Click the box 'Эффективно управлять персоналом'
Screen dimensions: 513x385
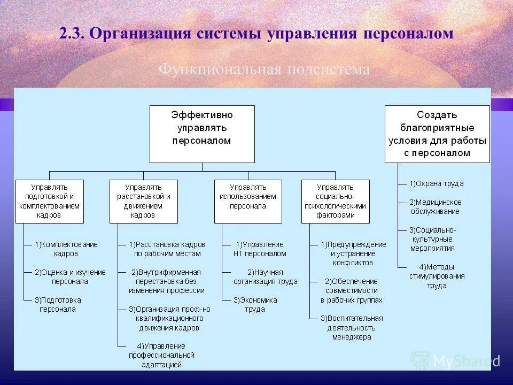click(x=202, y=134)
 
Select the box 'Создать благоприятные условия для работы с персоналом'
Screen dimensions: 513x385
click(x=437, y=134)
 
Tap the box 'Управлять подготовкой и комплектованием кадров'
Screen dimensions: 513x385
click(x=49, y=201)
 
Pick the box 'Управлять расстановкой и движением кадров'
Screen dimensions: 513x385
click(x=143, y=201)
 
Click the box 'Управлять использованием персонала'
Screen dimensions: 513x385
click(x=248, y=201)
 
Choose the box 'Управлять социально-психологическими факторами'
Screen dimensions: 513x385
click(x=335, y=201)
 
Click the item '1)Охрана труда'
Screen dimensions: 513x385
click(x=437, y=183)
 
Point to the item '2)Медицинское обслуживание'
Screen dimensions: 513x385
click(x=435, y=206)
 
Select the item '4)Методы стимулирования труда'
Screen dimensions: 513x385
click(x=437, y=276)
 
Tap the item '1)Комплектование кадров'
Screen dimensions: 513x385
click(x=66, y=249)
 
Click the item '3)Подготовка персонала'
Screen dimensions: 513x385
click(x=58, y=305)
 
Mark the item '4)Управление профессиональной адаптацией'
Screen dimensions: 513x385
click(x=161, y=355)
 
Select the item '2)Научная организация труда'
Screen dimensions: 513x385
click(x=265, y=276)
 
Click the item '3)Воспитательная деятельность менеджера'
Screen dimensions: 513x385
click(x=352, y=327)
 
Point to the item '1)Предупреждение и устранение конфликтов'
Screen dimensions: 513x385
click(x=353, y=253)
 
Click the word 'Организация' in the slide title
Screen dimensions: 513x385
click(x=140, y=33)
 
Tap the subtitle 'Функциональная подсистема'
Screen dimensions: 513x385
click(x=264, y=70)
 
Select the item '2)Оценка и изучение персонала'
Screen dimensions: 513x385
click(x=70, y=276)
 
